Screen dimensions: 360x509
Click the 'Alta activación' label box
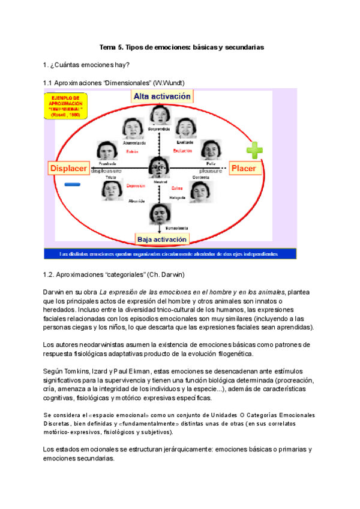(162, 96)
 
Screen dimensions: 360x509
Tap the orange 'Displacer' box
(68, 168)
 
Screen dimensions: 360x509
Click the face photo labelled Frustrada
(108, 151)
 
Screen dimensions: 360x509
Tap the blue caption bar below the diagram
(170, 254)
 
